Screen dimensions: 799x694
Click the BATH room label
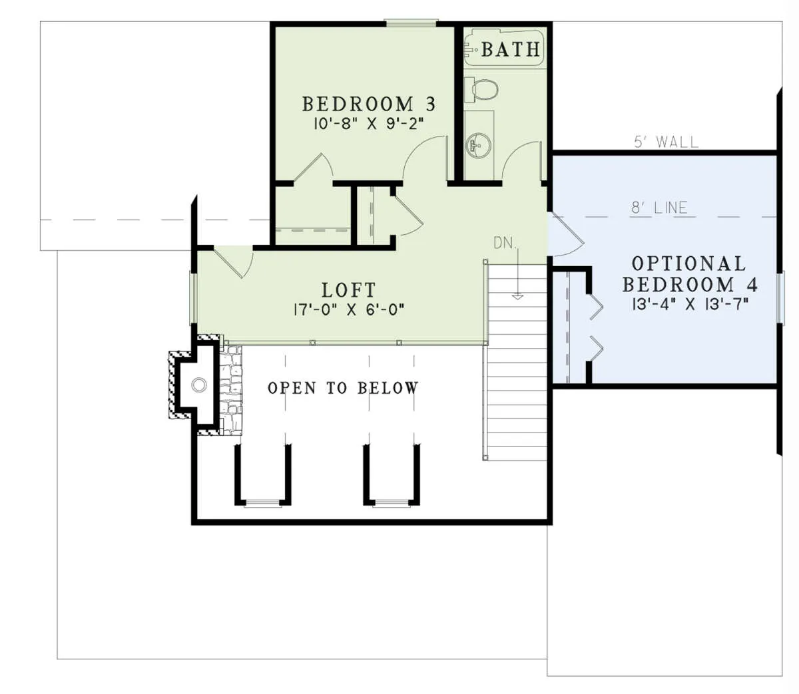click(x=511, y=49)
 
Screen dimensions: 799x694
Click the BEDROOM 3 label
click(x=369, y=104)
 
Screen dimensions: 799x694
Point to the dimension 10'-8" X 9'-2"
click(x=369, y=124)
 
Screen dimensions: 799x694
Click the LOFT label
click(x=349, y=290)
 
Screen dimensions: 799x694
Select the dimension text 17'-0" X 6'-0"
click(x=349, y=310)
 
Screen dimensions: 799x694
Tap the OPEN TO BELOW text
click(x=343, y=388)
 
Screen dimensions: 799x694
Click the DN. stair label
click(x=505, y=243)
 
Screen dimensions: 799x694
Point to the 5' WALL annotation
click(x=666, y=142)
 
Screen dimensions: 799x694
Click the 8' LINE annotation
click(x=659, y=208)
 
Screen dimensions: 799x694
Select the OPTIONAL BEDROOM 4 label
click(x=690, y=274)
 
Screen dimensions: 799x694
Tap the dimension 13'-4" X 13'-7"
click(x=690, y=304)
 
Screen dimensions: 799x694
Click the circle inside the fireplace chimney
click(x=199, y=385)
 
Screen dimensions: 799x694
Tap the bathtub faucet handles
click(x=469, y=49)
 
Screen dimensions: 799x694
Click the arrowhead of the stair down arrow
click(x=517, y=297)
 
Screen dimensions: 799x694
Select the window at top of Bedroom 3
click(x=411, y=23)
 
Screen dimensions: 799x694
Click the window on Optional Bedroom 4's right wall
click(x=780, y=298)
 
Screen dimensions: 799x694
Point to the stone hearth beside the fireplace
click(x=231, y=390)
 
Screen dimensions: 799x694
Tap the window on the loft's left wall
click(x=193, y=297)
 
